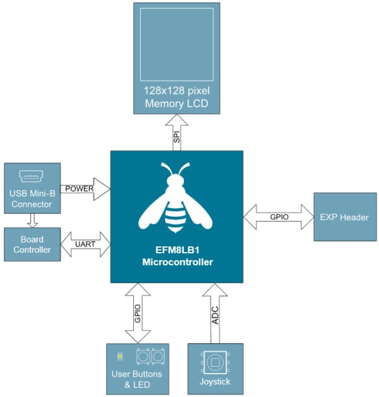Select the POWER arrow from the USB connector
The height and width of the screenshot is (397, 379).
point(86,188)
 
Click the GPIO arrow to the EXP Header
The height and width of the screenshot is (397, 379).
point(278,217)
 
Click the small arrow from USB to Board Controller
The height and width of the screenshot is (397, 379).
point(32,221)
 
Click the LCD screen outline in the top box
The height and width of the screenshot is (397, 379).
point(177,50)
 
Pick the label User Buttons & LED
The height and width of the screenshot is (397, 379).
point(138,379)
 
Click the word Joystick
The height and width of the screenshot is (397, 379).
point(215,382)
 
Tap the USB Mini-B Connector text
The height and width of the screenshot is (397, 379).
point(32,198)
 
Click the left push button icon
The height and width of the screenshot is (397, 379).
point(142,357)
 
